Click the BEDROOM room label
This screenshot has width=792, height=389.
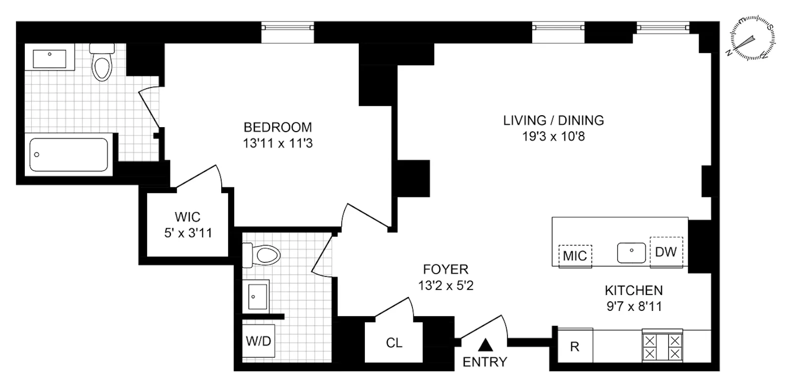click(x=278, y=127)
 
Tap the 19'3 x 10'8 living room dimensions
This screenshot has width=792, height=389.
click(x=553, y=137)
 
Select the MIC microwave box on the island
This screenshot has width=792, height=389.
click(x=575, y=255)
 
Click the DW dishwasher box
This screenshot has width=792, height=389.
click(x=666, y=252)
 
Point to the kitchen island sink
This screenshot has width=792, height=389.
click(x=632, y=252)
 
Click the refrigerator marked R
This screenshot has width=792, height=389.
click(x=575, y=346)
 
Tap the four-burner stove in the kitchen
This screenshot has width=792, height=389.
click(x=662, y=347)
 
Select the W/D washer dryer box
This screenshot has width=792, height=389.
click(x=258, y=341)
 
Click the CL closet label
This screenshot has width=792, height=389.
click(x=394, y=343)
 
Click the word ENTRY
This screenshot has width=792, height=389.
click(x=485, y=362)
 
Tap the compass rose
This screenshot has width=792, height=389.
click(x=752, y=39)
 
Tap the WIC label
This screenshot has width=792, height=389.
click(x=188, y=217)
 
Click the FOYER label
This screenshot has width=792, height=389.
click(x=445, y=269)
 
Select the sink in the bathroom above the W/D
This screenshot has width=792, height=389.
click(x=257, y=296)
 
